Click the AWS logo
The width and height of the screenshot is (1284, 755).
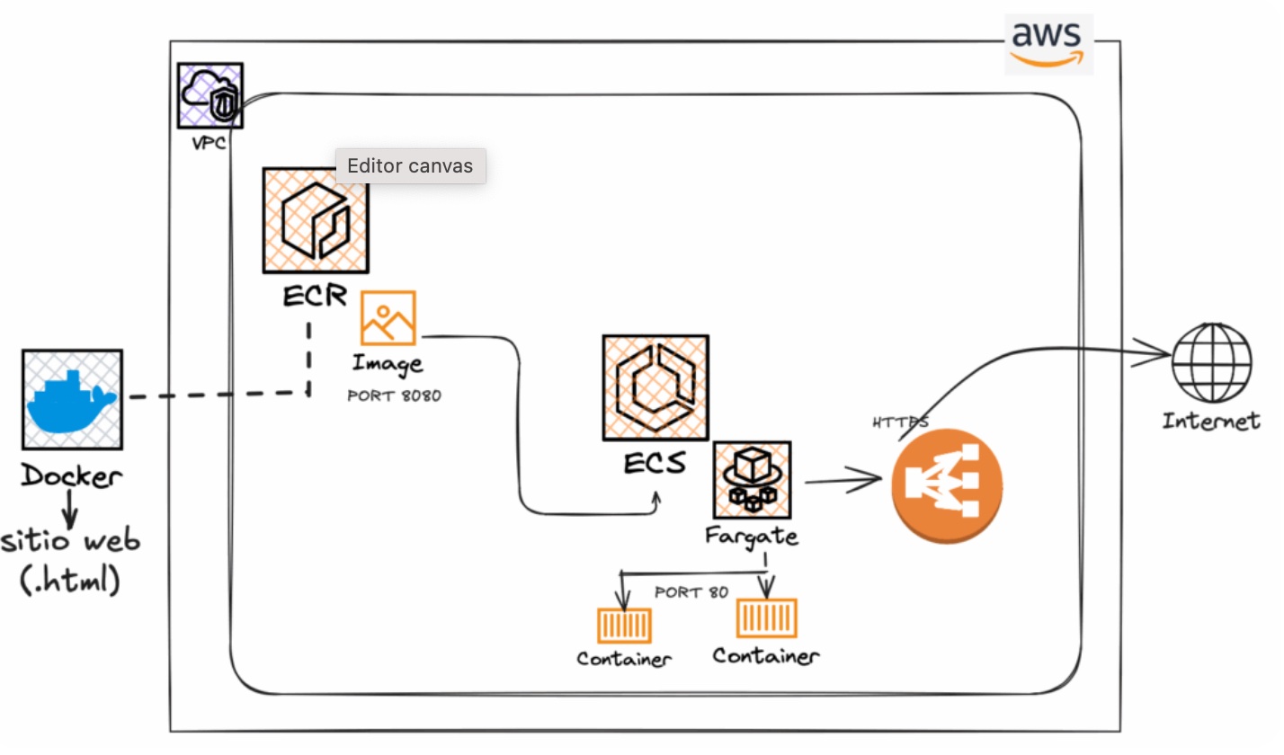coord(1048,43)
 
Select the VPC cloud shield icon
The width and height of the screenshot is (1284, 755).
coord(210,94)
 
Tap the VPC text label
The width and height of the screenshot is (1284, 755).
coord(209,143)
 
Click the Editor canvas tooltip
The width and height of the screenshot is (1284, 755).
coord(410,166)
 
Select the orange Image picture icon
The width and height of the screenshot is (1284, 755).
coord(388,317)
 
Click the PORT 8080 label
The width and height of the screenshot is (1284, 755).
coord(394,395)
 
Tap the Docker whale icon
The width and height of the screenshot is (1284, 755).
coord(72,399)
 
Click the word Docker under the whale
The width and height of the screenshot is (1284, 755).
coord(71,475)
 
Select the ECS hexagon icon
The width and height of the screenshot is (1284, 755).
coord(655,387)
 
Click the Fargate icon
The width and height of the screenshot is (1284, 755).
coord(753,480)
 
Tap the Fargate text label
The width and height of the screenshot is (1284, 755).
coord(752,537)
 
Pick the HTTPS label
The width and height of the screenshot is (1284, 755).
coord(899,421)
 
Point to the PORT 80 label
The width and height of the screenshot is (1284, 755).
coord(691,592)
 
